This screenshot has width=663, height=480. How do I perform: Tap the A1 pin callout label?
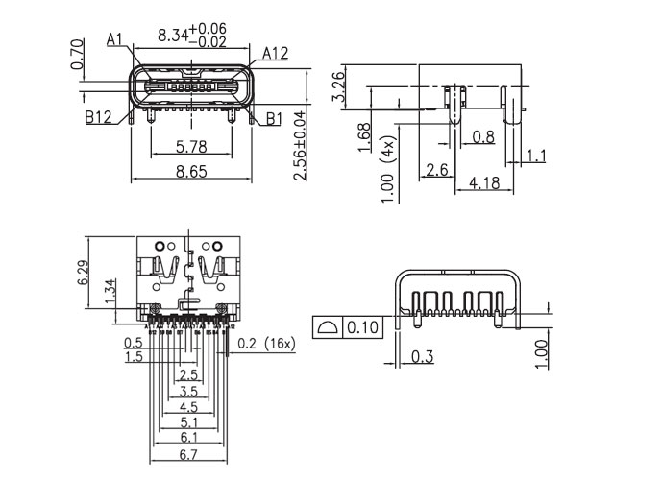115,39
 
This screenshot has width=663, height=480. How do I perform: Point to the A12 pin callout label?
274,53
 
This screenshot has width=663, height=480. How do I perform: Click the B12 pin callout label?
98,118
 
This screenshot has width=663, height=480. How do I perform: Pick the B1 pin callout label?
273,119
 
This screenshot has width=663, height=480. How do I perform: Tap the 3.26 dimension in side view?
338,85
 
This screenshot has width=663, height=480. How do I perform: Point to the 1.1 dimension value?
536,156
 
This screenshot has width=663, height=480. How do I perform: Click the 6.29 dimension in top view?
83,273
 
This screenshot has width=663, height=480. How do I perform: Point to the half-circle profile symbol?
328,328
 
